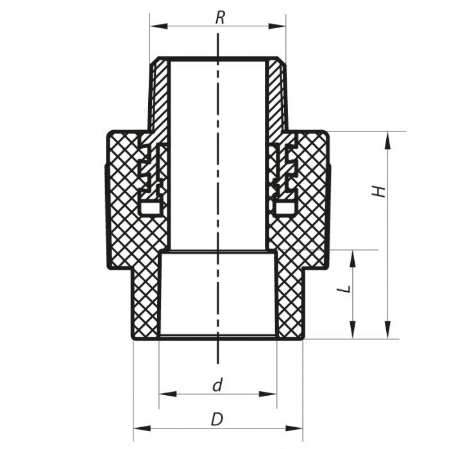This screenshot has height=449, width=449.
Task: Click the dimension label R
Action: pyautogui.click(x=220, y=17)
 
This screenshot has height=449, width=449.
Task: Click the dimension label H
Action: pyautogui.click(x=381, y=191)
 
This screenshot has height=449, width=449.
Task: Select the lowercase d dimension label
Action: pyautogui.click(x=217, y=385)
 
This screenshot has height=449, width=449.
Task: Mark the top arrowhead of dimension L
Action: pyautogui.click(x=353, y=255)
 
